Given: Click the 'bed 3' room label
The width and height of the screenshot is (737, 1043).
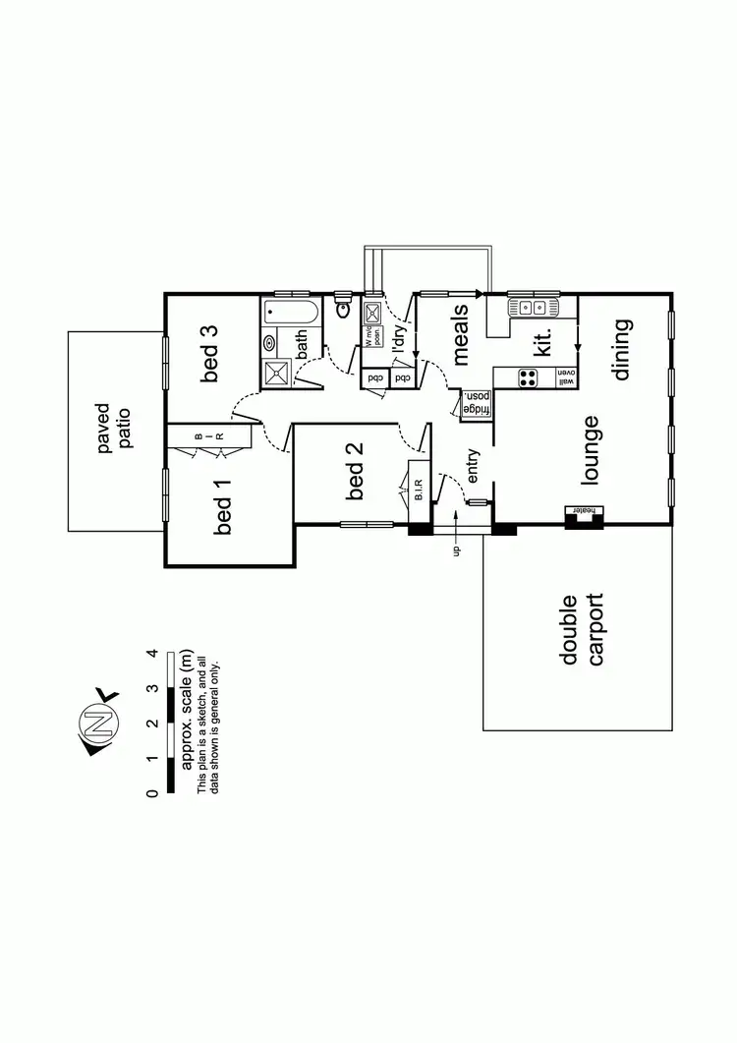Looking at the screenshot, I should [212, 354].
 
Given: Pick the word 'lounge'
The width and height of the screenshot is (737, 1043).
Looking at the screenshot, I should [591, 450].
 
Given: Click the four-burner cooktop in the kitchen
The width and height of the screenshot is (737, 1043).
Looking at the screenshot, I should [529, 378].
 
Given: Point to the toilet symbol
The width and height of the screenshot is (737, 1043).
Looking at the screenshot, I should [343, 309].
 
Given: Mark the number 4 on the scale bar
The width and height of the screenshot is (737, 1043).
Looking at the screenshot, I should [153, 653].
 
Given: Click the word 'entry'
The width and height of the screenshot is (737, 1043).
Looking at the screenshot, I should [474, 466].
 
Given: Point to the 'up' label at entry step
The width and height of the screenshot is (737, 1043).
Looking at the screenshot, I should [456, 550].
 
